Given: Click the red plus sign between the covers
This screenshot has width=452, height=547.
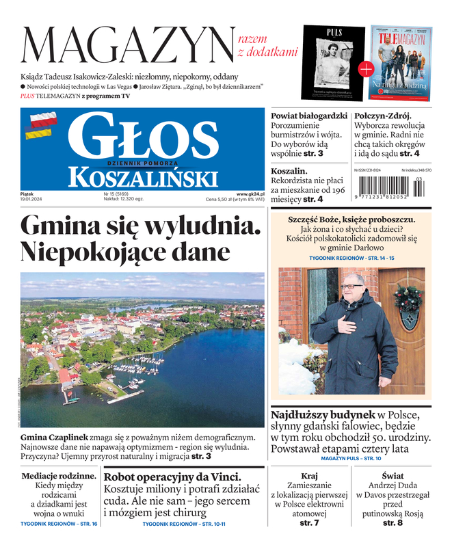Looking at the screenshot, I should [x=366, y=68].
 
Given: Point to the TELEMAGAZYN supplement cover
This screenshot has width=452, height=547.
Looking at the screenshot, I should [x=401, y=62].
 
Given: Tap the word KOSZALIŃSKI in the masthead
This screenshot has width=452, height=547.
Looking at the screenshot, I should [x=143, y=178].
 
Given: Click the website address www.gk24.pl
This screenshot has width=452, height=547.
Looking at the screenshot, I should [x=250, y=194].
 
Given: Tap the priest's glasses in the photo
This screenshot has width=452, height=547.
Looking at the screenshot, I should [x=353, y=286].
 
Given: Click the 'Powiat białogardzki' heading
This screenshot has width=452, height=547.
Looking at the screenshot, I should [x=309, y=116].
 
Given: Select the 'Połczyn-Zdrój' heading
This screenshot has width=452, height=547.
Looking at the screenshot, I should [x=387, y=116].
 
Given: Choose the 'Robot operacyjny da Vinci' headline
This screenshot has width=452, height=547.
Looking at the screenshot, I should [x=172, y=477].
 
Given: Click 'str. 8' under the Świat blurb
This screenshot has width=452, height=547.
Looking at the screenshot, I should [x=393, y=523].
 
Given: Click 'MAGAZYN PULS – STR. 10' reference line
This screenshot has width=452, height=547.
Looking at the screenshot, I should [x=351, y=458].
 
